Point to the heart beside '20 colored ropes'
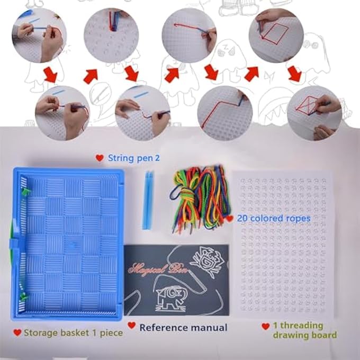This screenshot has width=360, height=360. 228,218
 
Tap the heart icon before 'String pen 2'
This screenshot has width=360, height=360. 99,158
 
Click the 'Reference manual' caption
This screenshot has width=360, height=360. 183,328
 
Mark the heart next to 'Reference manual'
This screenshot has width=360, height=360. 131,326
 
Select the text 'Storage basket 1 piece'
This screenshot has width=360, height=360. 74,332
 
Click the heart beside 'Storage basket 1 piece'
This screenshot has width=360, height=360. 17,332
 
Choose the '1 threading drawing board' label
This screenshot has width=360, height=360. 304,331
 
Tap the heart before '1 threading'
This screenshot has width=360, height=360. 266,327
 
